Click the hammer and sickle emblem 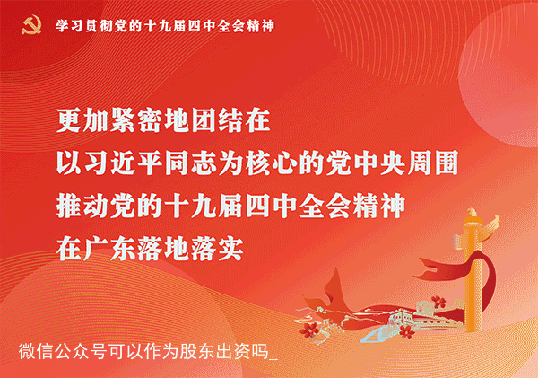pyautogui.click(x=32, y=26)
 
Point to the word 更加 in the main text pyautogui.click(x=82, y=120)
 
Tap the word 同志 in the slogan pyautogui.click(x=191, y=163)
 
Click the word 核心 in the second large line pyautogui.click(x=272, y=163)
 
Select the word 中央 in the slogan pyautogui.click(x=380, y=163)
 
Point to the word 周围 pyautogui.click(x=433, y=163)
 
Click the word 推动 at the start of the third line pyautogui.click(x=82, y=206)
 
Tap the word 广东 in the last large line pyautogui.click(x=109, y=249)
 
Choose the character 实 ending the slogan pyautogui.click(x=231, y=249)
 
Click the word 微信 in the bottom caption pyautogui.click(x=36, y=351)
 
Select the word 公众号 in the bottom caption pyautogui.click(x=81, y=351)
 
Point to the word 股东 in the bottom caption pyautogui.click(x=197, y=351)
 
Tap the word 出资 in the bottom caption pyautogui.click(x=233, y=351)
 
